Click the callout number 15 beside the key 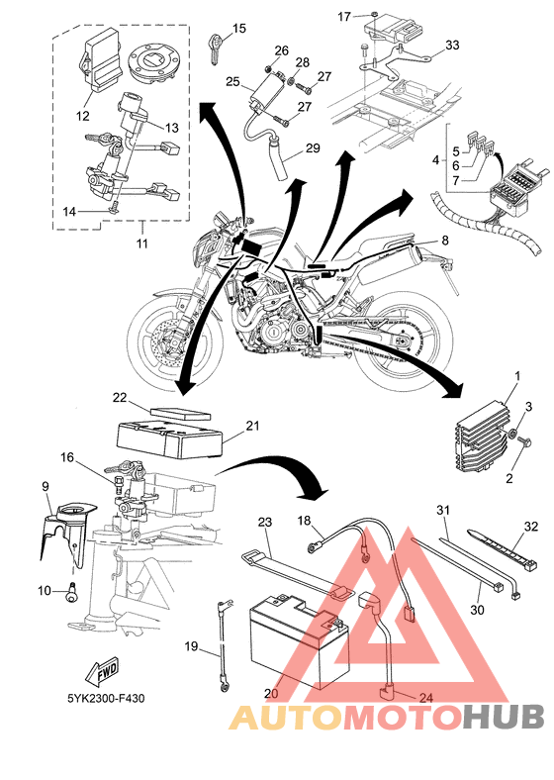(239, 29)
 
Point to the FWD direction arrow (102, 672)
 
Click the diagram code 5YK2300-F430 (107, 699)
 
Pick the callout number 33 (452, 46)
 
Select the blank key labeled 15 (217, 48)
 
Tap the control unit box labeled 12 (101, 60)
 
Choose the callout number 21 (252, 426)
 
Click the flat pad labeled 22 (181, 414)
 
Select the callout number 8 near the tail (444, 241)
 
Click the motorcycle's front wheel (171, 338)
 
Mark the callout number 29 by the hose (313, 148)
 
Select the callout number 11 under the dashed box (142, 244)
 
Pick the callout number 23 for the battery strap (265, 522)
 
